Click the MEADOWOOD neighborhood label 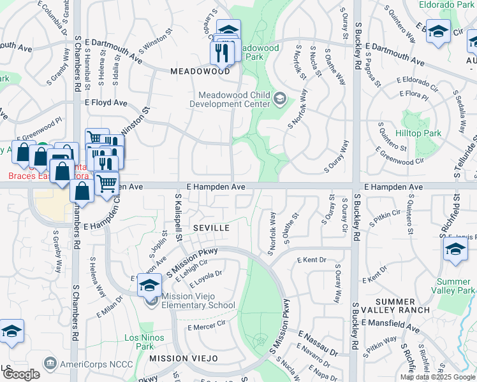coord(200,72)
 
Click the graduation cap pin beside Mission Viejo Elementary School coord(149,285)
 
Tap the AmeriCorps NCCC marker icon coord(49,363)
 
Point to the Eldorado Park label coord(446,4)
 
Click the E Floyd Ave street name coord(106,103)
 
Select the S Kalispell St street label coord(179,218)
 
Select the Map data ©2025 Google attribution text coord(437,377)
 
